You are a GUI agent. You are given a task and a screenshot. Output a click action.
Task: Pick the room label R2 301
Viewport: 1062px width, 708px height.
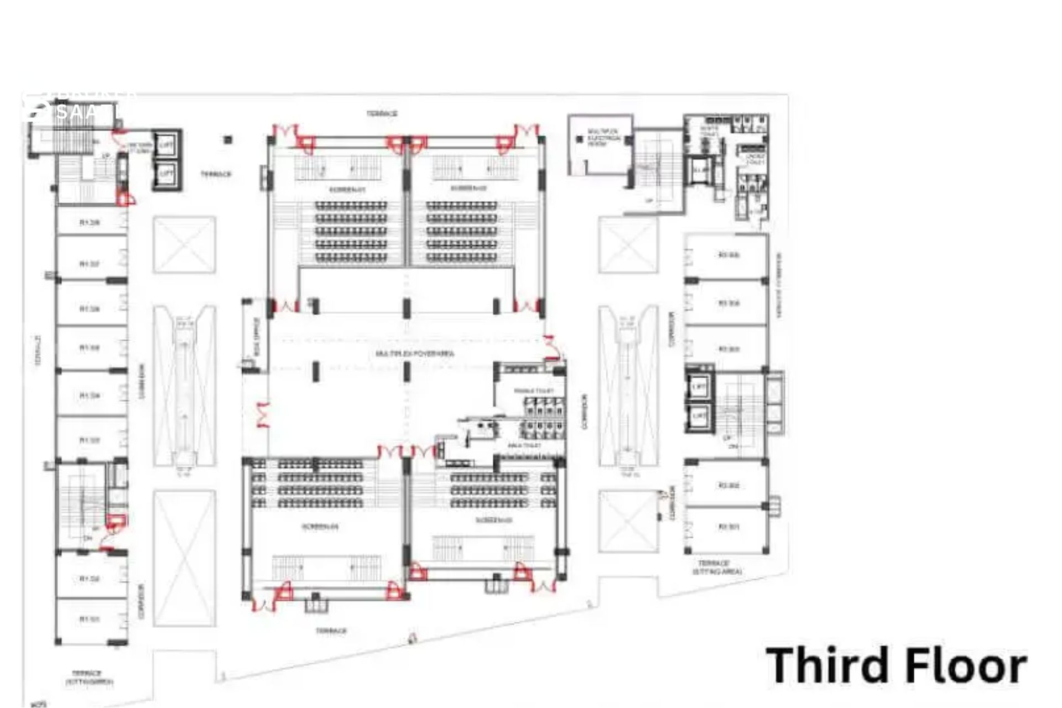click(728, 527)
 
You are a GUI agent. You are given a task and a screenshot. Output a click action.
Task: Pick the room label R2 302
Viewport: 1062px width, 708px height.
click(728, 486)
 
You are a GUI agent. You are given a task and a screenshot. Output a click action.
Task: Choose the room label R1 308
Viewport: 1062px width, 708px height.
click(90, 223)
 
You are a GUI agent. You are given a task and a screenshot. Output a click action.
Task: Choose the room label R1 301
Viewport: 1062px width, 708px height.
click(90, 619)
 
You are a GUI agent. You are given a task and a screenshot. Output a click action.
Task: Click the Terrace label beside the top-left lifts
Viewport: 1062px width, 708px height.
click(216, 174)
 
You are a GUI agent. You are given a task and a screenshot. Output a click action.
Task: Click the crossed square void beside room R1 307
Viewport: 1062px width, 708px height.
click(184, 244)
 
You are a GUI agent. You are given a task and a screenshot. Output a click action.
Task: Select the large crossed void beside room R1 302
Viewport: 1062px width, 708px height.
click(184, 558)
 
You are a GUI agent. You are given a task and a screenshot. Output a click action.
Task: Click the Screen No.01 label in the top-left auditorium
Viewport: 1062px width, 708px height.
click(347, 189)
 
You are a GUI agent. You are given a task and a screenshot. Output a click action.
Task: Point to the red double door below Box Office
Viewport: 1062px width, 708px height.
click(262, 415)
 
